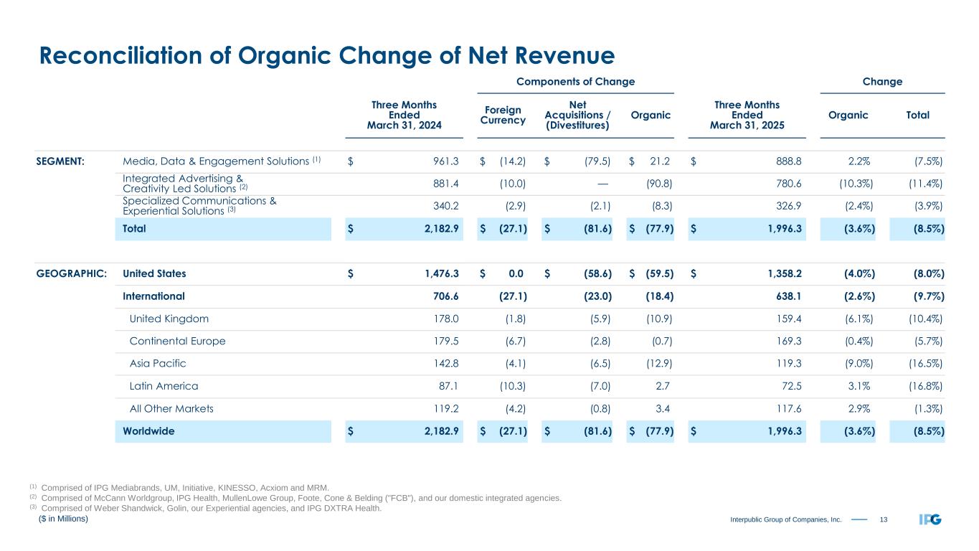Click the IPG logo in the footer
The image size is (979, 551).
[930, 519]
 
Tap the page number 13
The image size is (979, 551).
[884, 519]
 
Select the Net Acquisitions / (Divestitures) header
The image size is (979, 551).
[577, 116]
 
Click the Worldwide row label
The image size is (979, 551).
[148, 431]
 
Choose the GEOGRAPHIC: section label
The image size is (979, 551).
[72, 273]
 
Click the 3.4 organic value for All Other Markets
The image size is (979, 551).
[661, 409]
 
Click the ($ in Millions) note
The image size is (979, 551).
[63, 519]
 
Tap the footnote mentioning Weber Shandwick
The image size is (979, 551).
[212, 509]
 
